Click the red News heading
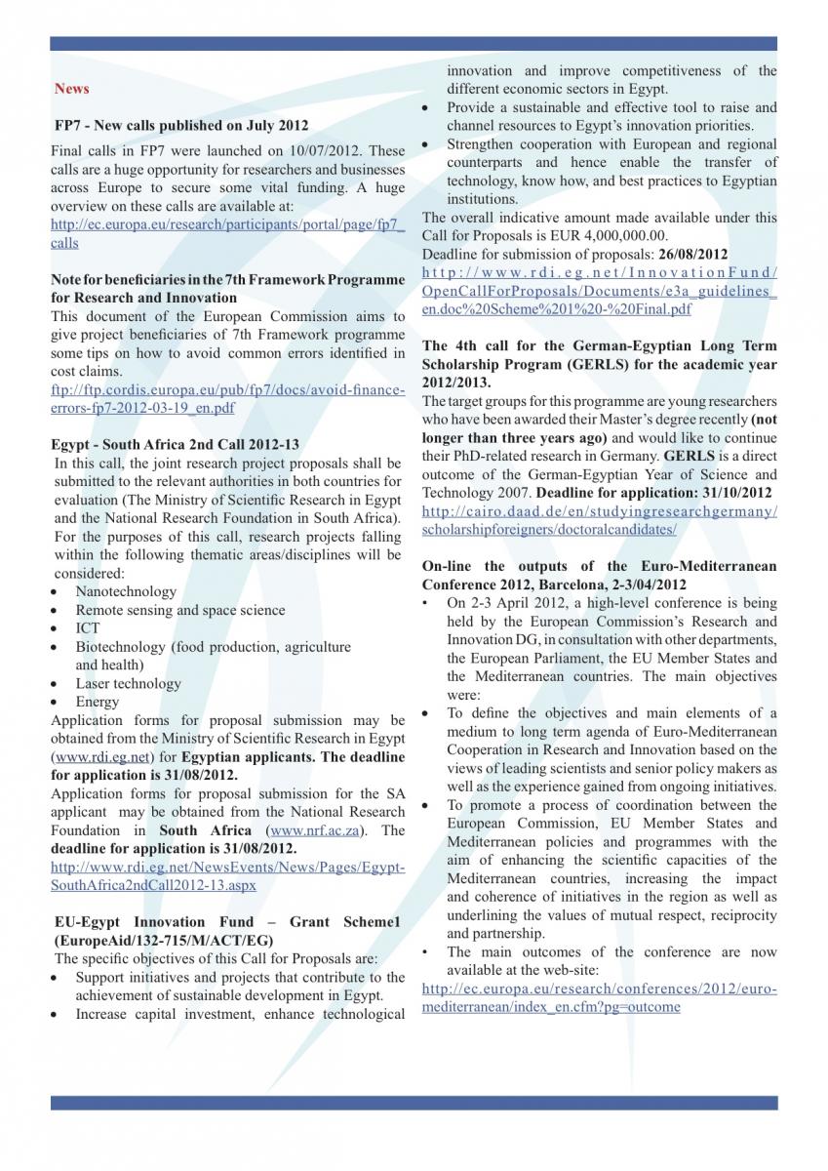pos(72,89)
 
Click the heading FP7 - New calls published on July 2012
pos(181,125)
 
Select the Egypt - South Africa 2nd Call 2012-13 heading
pos(175,444)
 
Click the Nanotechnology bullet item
pos(126,591)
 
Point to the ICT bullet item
pos(88,628)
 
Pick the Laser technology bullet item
pos(128,683)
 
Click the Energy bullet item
pos(98,702)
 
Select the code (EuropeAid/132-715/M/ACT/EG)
pos(162,940)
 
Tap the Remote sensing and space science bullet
pos(180,610)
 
